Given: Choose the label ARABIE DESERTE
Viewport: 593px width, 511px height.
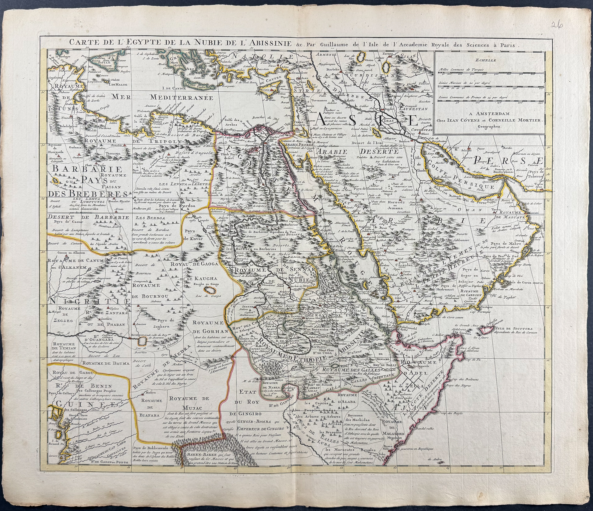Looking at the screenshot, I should click(357, 151).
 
